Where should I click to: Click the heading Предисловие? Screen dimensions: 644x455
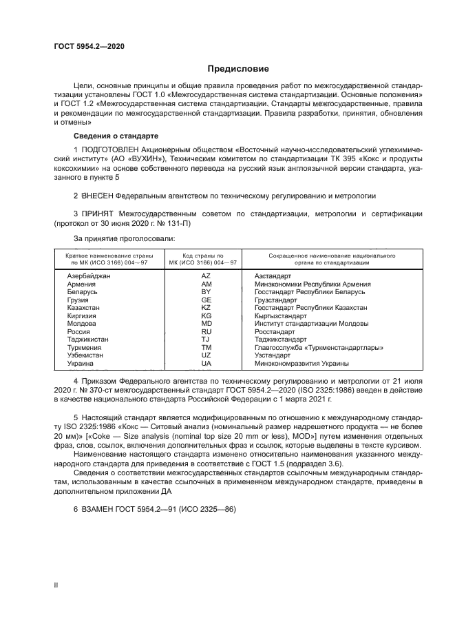239,68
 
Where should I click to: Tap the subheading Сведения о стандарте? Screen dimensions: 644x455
116,136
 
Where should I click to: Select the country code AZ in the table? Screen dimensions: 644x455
206,276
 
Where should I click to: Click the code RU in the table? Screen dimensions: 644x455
206,331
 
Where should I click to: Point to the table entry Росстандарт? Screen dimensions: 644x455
275,331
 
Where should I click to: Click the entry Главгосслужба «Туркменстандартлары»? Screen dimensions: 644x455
319,347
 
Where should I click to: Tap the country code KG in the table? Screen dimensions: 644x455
206,315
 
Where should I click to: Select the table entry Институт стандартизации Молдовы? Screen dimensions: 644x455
311,324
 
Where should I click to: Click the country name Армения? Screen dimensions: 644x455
81,284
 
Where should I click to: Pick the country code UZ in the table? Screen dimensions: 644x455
206,355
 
